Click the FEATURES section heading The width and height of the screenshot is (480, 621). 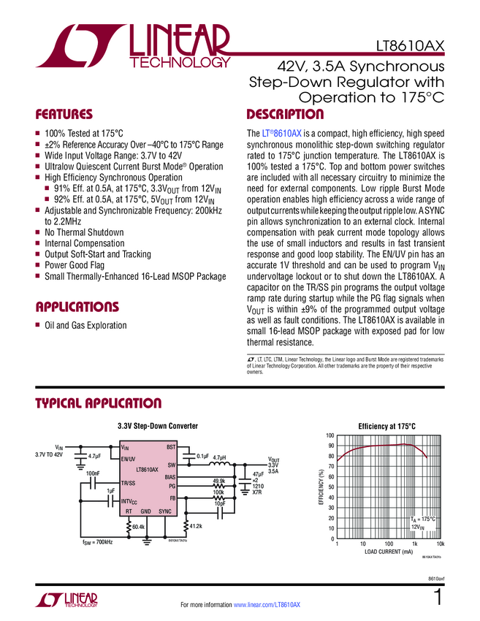65,115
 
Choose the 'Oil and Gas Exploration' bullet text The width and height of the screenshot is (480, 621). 85,325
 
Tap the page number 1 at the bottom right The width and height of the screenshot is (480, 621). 438,598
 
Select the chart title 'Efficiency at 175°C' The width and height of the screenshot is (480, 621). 386,426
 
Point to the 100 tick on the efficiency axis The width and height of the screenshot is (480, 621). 329,435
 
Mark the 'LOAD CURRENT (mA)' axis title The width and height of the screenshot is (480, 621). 388,552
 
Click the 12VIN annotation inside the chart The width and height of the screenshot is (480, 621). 417,526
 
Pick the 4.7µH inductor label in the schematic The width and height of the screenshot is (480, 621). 220,457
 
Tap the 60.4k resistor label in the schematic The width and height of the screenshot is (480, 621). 139,526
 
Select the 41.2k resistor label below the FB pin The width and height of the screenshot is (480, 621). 195,525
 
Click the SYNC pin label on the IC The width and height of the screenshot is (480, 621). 166,512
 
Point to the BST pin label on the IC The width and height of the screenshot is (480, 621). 172,446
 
